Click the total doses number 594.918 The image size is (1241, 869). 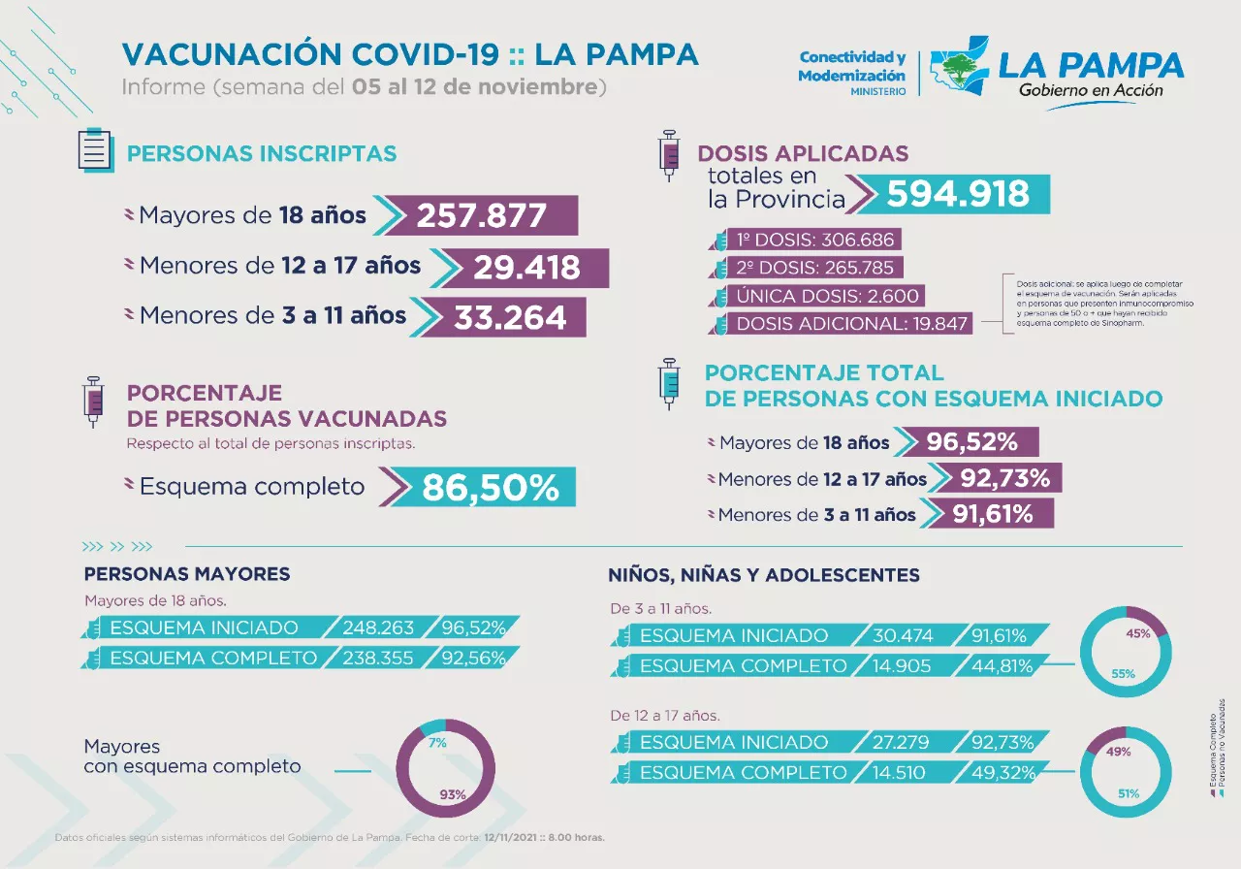tap(958, 194)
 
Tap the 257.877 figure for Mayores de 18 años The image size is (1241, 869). tap(482, 215)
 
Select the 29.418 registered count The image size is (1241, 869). tap(526, 268)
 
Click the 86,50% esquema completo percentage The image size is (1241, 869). tap(490, 487)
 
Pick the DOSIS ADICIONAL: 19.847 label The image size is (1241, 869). tap(852, 324)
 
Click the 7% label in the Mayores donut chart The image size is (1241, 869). tap(437, 743)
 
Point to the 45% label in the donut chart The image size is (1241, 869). tap(1138, 633)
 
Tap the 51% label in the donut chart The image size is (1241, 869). tap(1128, 794)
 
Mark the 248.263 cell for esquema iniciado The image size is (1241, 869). tap(378, 628)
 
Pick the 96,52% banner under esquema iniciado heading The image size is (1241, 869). tap(971, 442)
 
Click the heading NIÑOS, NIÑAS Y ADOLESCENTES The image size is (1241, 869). tap(764, 575)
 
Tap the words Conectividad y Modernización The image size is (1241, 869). tap(851, 67)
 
